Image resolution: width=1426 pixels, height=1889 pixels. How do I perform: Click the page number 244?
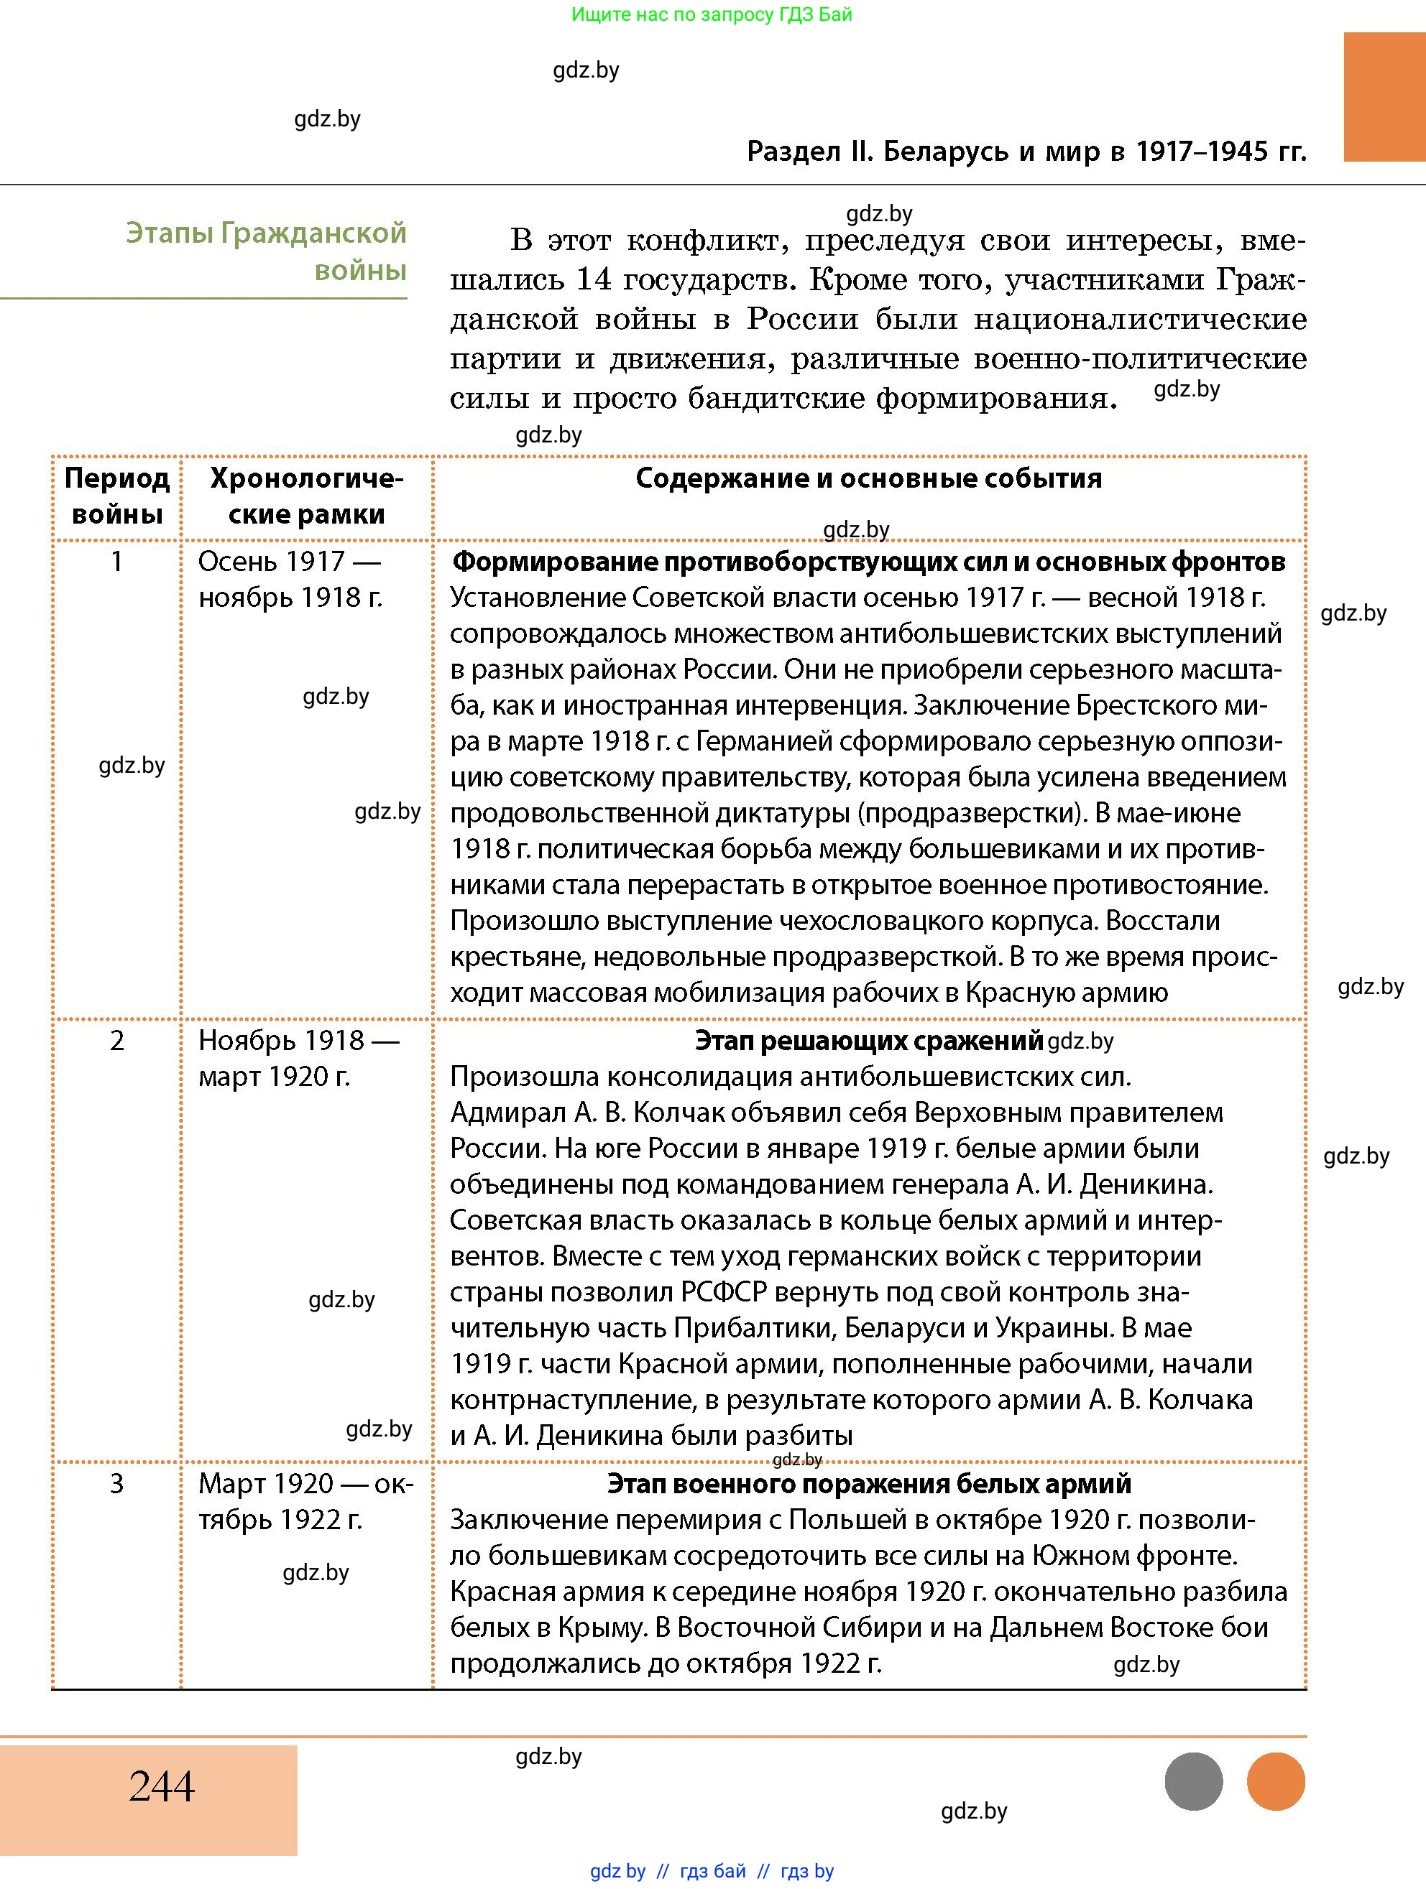pyautogui.click(x=162, y=1785)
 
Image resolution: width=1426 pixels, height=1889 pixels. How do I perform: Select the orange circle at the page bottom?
pyautogui.click(x=1276, y=1781)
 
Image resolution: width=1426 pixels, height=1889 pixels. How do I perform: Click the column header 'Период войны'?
pyautogui.click(x=117, y=496)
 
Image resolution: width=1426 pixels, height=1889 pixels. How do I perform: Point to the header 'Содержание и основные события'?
pyautogui.click(x=868, y=478)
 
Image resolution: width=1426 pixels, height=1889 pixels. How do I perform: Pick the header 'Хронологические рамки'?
pyautogui.click(x=306, y=496)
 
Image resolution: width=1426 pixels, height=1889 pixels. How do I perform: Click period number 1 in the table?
pyautogui.click(x=117, y=562)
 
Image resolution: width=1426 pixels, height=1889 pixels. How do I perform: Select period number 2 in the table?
pyautogui.click(x=117, y=1040)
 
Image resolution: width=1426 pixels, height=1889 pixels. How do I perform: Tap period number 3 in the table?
pyautogui.click(x=117, y=1483)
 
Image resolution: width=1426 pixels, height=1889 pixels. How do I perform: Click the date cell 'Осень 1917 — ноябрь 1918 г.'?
pyautogui.click(x=290, y=579)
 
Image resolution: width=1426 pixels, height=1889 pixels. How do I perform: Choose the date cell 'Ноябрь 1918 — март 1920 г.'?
pyautogui.click(x=298, y=1058)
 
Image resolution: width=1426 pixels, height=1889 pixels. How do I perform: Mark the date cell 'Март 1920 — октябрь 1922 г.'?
pyautogui.click(x=305, y=1501)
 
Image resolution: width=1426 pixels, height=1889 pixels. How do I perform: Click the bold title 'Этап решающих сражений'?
pyautogui.click(x=868, y=1040)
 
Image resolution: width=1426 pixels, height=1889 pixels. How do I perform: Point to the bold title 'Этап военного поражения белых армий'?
pyautogui.click(x=868, y=1483)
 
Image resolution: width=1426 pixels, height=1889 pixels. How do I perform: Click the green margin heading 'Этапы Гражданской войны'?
pyautogui.click(x=267, y=251)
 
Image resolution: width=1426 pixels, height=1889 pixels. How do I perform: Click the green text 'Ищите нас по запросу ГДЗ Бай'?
pyautogui.click(x=712, y=14)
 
